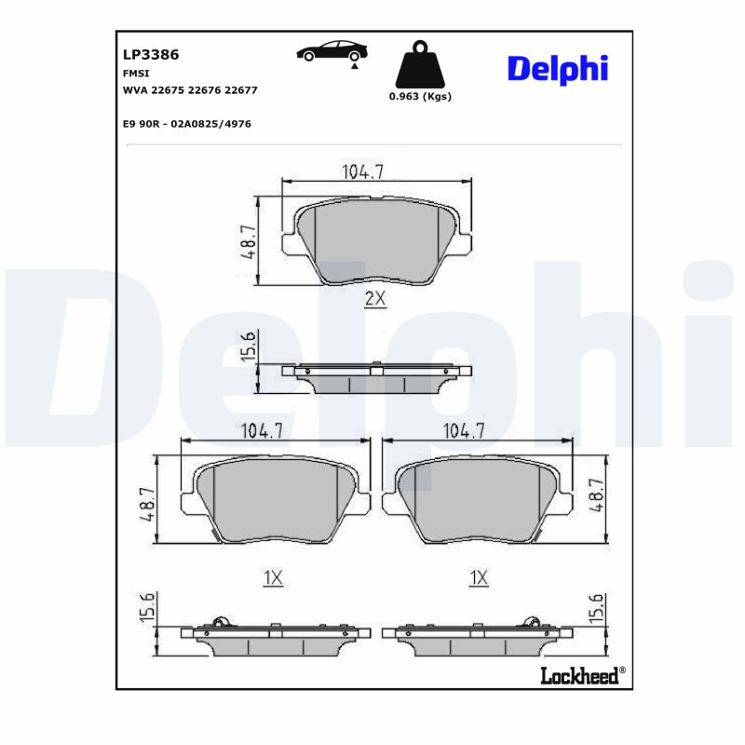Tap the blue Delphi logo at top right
click(557, 68)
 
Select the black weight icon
click(418, 64)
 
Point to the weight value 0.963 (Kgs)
click(420, 97)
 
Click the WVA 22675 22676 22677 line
click(190, 90)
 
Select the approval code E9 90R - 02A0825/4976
click(186, 123)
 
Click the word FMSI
click(135, 73)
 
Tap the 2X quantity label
click(374, 298)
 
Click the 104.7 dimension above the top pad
click(363, 171)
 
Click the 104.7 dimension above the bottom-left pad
click(262, 431)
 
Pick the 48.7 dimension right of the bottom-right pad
click(597, 496)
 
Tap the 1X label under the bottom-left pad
click(272, 578)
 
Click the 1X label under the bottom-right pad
click(479, 578)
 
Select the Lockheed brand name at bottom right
click(579, 677)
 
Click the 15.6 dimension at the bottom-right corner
click(597, 610)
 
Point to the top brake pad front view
click(376, 244)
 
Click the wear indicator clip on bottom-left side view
click(220, 623)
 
